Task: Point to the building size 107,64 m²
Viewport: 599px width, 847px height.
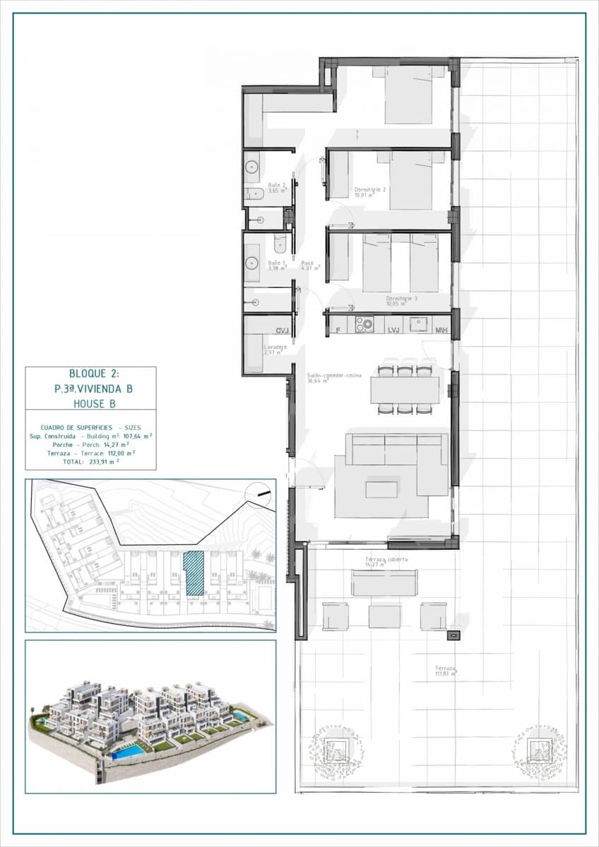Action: [x=130, y=436]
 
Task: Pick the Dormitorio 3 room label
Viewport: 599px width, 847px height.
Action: [x=401, y=299]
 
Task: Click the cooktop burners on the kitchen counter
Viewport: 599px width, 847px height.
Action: [x=364, y=325]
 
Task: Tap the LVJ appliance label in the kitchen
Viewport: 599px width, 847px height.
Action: [x=394, y=330]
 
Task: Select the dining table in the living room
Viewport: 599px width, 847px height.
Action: [x=405, y=389]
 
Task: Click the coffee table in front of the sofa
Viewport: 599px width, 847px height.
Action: [x=381, y=488]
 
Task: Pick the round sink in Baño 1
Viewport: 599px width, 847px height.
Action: [x=252, y=265]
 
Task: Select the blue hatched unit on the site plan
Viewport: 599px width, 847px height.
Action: [x=194, y=573]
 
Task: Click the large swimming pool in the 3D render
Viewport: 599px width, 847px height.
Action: [x=129, y=752]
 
